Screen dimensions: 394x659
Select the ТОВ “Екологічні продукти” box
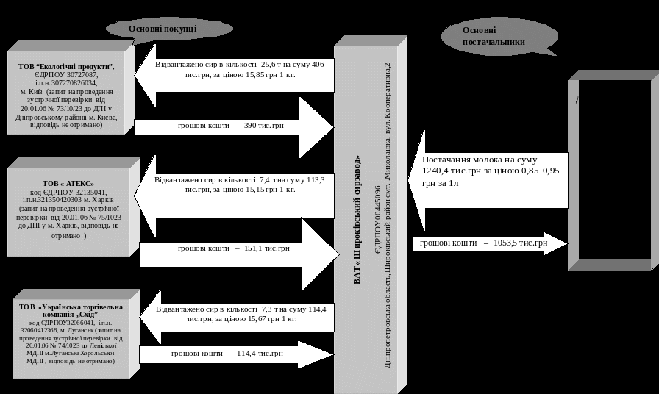click(67, 92)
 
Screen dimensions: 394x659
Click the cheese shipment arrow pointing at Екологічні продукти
click(235, 72)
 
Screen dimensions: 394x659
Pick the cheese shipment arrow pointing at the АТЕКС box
click(235, 184)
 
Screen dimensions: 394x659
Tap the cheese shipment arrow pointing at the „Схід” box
click(235, 314)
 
